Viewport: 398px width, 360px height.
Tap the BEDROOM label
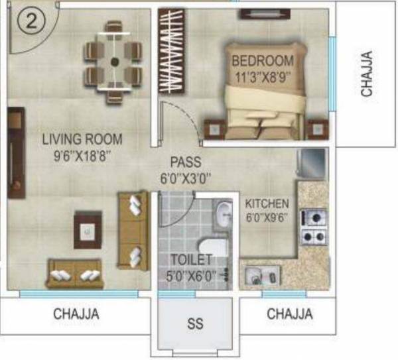[261, 61]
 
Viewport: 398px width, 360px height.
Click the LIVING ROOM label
[82, 139]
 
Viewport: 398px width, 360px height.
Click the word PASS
[185, 162]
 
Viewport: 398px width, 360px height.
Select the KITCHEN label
[267, 204]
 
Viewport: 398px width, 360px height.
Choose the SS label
[195, 325]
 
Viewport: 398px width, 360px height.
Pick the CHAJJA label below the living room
[76, 314]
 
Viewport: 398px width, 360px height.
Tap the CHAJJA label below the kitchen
[289, 314]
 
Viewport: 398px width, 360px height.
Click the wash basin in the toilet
[224, 213]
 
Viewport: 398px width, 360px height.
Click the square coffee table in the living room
[88, 230]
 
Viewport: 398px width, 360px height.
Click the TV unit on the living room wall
[16, 153]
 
